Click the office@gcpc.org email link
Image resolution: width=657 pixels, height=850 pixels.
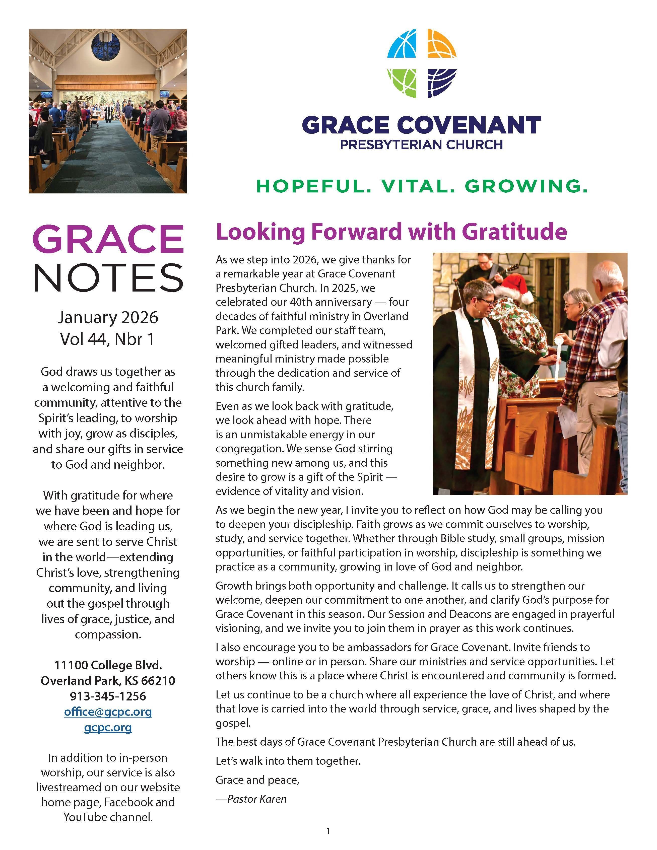point(108,712)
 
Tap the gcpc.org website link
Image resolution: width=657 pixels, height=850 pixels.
point(108,727)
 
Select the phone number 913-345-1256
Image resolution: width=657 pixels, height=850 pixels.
point(108,696)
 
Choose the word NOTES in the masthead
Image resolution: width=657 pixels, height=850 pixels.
point(108,277)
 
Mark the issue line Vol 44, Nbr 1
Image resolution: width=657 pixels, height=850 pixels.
point(108,339)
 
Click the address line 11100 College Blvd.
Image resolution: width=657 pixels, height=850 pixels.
point(108,665)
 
